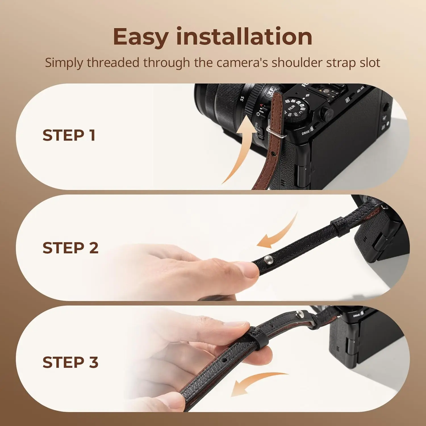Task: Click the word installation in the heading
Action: (244, 37)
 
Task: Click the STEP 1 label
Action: (69, 135)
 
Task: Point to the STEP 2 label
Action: (70, 248)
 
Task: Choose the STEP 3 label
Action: (70, 362)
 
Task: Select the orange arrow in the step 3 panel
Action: (256, 383)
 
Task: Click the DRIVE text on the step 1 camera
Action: (306, 132)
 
